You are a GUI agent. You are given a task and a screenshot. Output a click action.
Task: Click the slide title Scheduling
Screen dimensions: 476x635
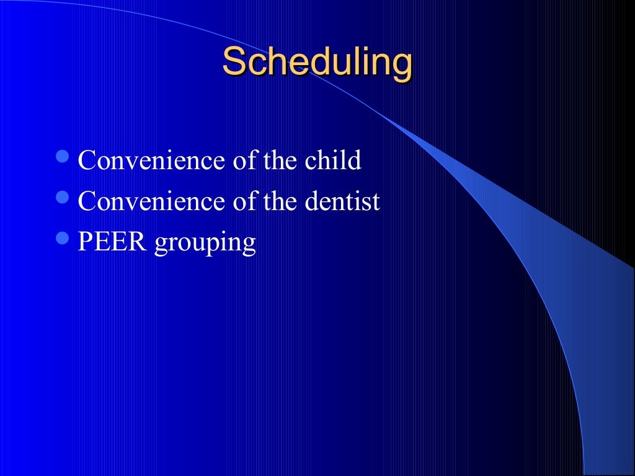317,63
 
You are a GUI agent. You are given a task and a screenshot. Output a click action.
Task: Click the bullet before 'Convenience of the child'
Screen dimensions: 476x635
63,157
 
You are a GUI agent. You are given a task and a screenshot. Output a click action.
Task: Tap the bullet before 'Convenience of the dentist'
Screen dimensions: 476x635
63,198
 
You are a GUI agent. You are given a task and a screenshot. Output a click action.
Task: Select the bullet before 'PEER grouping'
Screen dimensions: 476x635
63,238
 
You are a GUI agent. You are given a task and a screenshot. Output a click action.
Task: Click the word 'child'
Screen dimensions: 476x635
332,161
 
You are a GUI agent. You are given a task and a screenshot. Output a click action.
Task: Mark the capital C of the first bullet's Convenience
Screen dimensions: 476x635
87,161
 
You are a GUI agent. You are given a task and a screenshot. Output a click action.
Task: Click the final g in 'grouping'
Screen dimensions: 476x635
248,245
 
